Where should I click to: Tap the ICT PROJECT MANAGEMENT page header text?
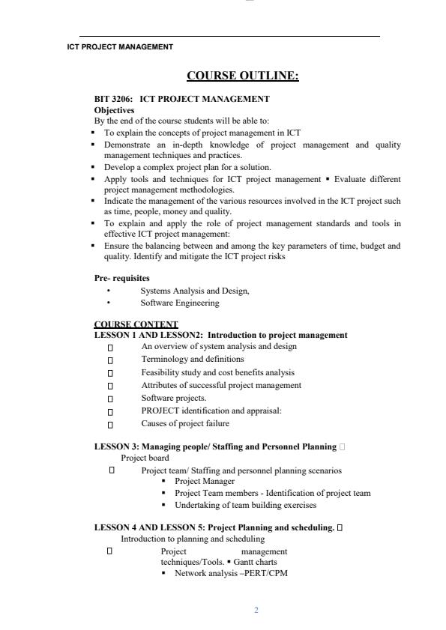click(x=120, y=46)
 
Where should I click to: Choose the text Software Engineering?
click(x=180, y=303)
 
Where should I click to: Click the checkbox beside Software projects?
click(x=110, y=399)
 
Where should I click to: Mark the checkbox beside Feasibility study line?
click(x=110, y=373)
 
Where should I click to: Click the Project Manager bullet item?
click(x=204, y=482)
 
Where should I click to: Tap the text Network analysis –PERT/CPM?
click(x=231, y=573)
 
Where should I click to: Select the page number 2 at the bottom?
click(x=256, y=611)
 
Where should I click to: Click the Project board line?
click(x=145, y=458)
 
